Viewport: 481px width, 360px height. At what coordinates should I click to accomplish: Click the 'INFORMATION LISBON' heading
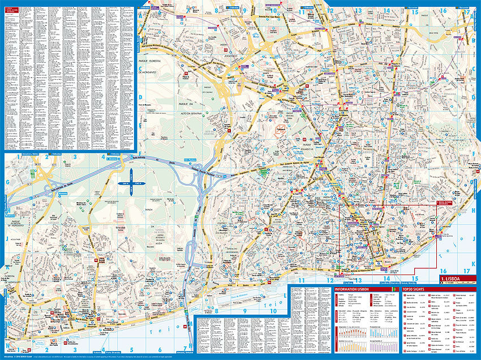[x=352, y=289]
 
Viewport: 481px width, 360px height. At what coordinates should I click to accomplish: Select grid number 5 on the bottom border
[x=131, y=350]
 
